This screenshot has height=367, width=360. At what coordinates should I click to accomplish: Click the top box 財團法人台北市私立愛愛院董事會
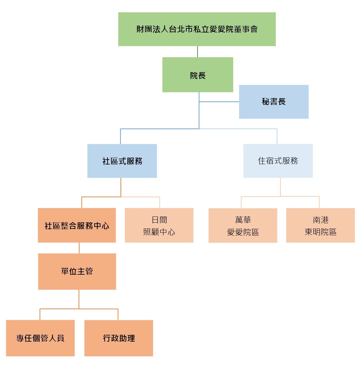197,29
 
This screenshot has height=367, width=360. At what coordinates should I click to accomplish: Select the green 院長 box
198,75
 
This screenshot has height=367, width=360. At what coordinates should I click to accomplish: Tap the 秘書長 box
274,102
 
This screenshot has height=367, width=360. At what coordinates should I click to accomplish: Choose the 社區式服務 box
122,161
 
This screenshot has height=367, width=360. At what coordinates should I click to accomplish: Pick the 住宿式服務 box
278,161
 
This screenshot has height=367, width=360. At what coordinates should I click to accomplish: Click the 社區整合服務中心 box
77,225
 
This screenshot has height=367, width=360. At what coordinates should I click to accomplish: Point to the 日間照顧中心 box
159,225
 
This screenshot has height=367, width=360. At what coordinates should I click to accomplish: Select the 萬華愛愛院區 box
243,225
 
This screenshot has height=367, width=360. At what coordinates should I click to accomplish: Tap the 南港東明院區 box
320,225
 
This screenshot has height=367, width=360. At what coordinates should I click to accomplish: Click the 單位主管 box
77,271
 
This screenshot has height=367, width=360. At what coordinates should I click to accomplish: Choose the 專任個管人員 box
40,338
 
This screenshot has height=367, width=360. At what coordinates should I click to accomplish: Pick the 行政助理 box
119,338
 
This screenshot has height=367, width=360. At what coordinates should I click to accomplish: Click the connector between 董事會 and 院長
198,52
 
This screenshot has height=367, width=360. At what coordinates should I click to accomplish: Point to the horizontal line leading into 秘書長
219,102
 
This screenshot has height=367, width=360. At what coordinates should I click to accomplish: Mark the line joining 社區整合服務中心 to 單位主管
79,248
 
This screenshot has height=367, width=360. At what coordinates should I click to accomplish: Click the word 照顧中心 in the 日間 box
159,232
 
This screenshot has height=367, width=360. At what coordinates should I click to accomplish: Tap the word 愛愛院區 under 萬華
243,232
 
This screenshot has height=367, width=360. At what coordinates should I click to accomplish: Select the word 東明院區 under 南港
320,232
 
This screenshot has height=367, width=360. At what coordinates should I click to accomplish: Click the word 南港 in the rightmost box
321,220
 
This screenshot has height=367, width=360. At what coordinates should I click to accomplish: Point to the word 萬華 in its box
243,220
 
